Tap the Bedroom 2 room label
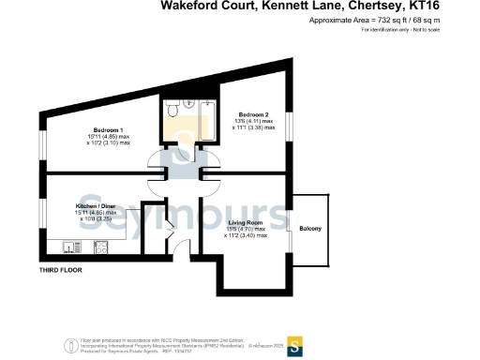(252, 115)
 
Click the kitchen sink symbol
(68, 247)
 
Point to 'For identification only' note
(400, 30)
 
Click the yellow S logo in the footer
(293, 344)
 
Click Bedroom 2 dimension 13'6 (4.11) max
(252, 123)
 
